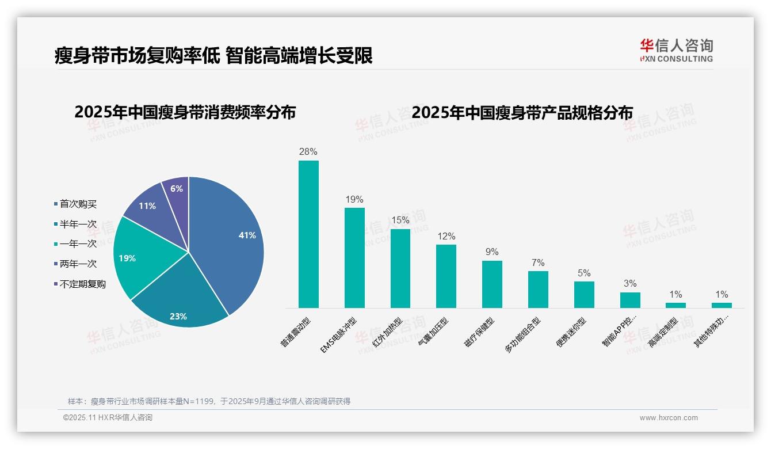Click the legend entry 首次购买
point(78,204)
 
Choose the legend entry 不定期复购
point(82,284)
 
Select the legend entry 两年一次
point(78,264)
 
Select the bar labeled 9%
point(492,284)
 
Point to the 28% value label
point(308,152)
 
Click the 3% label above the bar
point(630,284)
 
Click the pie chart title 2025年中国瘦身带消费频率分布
point(185,112)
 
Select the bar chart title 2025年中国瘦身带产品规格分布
point(522,112)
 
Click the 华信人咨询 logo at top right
point(676,50)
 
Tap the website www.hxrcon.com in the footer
point(669,418)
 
